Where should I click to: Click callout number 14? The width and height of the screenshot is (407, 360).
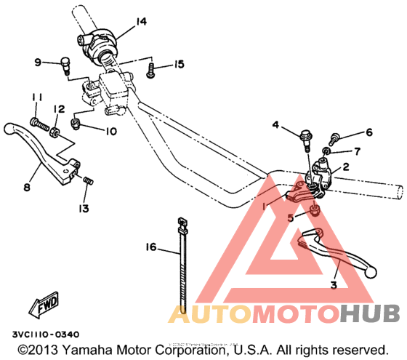coord(141,22)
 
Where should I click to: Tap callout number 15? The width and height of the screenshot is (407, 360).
coord(179,65)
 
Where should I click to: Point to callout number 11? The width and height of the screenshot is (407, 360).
coord(33,97)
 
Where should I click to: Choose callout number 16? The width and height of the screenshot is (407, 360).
coord(150,248)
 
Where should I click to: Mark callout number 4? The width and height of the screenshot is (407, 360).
coord(276,126)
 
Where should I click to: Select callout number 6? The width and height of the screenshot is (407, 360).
coord(368,132)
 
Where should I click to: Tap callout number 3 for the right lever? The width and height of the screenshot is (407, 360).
coord(334,284)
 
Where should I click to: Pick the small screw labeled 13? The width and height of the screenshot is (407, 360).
coord(89,180)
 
